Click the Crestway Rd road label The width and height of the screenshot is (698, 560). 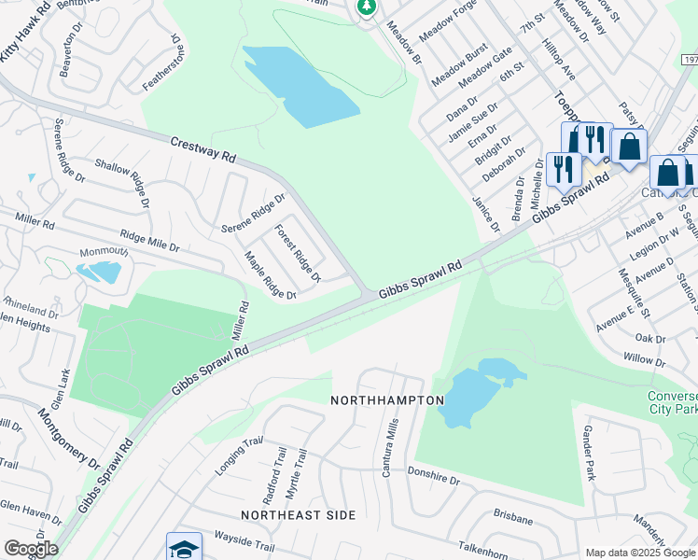pyautogui.click(x=202, y=150)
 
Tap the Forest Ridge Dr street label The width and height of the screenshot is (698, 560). pyautogui.click(x=297, y=253)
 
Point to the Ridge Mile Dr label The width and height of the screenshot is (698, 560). pyautogui.click(x=148, y=241)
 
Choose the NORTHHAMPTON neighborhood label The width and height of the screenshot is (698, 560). pyautogui.click(x=387, y=399)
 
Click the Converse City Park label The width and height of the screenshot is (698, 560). pyautogui.click(x=673, y=401)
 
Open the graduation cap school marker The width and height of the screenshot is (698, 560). pyautogui.click(x=184, y=547)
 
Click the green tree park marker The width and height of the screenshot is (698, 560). pyautogui.click(x=368, y=7)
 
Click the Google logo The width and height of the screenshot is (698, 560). pyautogui.click(x=30, y=549)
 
